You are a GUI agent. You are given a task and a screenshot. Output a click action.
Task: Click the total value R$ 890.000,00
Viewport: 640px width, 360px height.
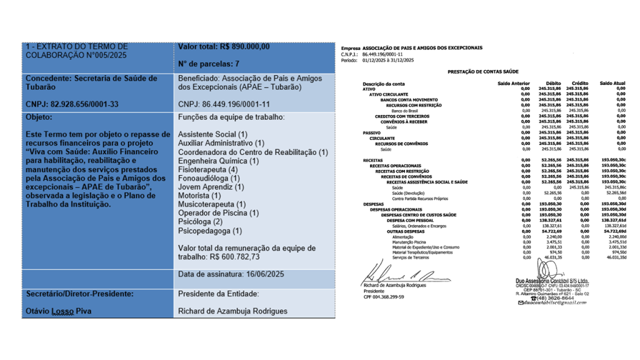244,46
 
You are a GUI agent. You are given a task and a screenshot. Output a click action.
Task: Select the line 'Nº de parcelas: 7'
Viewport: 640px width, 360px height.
209,64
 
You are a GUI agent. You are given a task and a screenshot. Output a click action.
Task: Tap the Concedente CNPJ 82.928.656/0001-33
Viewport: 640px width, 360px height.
72,104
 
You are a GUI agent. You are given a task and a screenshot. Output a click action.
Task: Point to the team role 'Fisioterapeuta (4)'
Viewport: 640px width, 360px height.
207,169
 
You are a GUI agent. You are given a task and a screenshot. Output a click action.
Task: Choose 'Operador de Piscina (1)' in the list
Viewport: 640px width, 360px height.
218,213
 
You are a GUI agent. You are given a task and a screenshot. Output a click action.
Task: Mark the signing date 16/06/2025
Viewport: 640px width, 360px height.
257,274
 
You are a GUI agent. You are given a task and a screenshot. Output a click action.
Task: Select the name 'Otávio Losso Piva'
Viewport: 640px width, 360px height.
59,311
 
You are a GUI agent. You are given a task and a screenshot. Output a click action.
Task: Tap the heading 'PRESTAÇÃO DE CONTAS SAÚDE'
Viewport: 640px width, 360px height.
483,72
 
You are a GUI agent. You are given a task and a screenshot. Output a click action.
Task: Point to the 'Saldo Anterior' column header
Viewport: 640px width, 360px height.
513,83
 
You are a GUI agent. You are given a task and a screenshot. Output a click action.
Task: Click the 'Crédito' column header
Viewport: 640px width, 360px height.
579,83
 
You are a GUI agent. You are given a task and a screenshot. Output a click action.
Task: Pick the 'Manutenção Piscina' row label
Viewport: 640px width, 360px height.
409,242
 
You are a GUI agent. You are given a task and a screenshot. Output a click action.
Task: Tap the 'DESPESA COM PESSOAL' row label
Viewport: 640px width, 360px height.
408,220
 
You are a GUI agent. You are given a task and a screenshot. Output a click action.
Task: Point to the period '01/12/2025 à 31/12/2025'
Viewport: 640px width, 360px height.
387,60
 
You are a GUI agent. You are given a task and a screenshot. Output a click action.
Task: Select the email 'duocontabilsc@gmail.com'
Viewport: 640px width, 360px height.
556,302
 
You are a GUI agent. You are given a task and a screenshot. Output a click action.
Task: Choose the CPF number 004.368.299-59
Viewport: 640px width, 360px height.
384,297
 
